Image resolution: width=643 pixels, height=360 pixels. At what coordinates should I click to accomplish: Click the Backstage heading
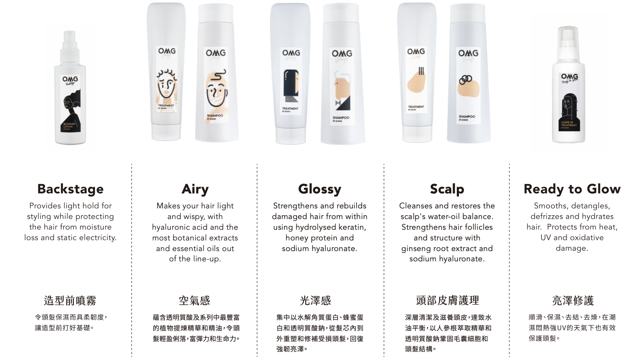70,189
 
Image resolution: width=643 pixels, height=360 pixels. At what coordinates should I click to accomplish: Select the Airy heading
195,189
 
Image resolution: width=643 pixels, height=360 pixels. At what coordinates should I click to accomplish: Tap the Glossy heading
320,189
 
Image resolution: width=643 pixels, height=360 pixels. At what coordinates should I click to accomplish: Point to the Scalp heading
447,189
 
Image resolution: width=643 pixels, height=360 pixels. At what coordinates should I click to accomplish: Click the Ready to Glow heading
572,189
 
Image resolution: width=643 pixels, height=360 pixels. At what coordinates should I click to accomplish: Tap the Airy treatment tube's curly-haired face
166,85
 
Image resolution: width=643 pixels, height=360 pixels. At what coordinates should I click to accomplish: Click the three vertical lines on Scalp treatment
421,71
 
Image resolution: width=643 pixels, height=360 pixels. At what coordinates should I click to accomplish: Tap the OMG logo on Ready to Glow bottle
569,76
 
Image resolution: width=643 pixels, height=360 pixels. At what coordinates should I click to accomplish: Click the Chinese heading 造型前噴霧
70,301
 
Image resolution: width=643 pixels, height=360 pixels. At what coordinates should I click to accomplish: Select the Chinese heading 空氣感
195,301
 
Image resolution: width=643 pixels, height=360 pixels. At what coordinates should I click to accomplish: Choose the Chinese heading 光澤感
316,301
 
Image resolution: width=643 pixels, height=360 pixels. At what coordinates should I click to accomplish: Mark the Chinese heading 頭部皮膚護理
447,301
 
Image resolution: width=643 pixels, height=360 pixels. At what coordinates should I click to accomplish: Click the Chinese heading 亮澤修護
573,301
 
